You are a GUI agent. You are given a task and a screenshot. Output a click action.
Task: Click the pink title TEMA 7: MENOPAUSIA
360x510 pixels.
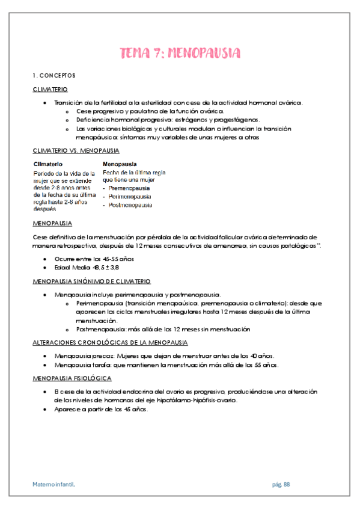pos(180,54)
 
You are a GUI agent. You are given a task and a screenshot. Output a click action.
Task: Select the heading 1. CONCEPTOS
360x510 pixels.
pos(54,76)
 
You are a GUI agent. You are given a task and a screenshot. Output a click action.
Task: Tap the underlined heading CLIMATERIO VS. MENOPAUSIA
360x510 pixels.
pos(76,150)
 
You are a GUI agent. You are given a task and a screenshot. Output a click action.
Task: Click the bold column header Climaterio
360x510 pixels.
pos(50,164)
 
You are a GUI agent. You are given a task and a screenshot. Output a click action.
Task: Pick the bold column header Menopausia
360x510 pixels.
pos(120,164)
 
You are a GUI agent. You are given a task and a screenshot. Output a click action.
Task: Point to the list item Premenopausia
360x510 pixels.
pos(130,188)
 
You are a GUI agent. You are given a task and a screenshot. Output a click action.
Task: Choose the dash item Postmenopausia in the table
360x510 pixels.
pos(130,205)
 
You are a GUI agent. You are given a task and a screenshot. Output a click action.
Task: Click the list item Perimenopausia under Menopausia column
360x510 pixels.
pos(130,197)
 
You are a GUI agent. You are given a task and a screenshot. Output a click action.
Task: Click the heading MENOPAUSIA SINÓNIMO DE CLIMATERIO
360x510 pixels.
pos(91,281)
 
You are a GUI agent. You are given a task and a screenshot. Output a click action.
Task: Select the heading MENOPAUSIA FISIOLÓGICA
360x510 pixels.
pos(72,378)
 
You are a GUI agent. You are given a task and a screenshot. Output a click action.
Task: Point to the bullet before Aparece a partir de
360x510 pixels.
pos(46,409)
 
